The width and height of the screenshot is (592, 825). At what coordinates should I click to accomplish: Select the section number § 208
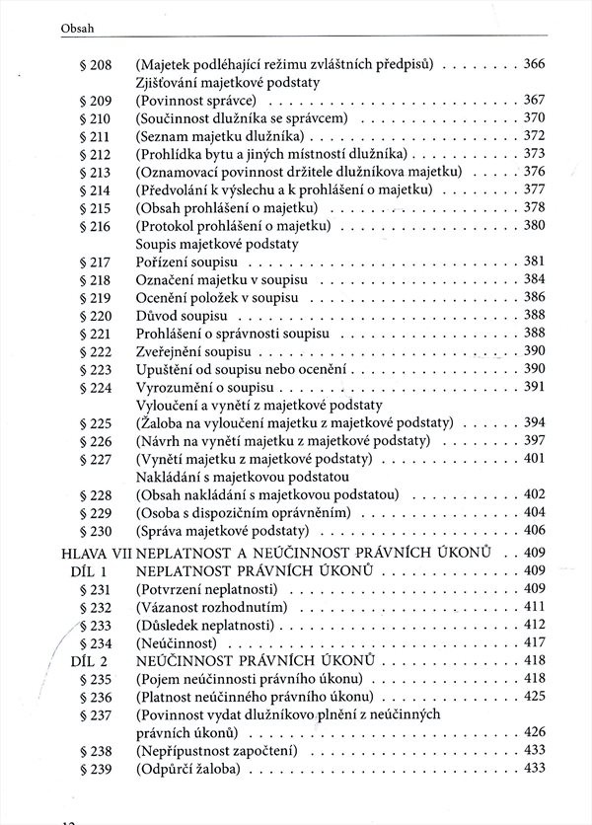[95, 64]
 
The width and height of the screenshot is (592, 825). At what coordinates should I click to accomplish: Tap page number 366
[534, 64]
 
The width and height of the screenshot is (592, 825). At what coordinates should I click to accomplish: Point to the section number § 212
[95, 154]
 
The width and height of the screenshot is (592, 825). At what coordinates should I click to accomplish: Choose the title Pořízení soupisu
[187, 262]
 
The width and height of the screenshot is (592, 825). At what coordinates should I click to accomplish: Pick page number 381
[534, 262]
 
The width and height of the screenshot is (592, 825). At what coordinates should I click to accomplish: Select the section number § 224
[95, 387]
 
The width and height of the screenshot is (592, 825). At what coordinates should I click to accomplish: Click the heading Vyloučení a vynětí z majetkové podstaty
[259, 405]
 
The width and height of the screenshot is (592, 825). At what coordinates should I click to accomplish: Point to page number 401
[534, 459]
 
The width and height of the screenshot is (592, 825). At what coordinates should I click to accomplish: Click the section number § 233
[95, 625]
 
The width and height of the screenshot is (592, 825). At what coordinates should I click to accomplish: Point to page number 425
[534, 697]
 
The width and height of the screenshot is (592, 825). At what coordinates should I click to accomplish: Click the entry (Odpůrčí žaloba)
[191, 768]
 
